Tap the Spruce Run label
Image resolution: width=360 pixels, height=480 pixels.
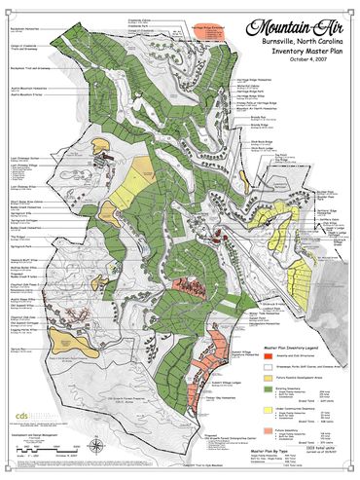pyautogui.click(x=18, y=348)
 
